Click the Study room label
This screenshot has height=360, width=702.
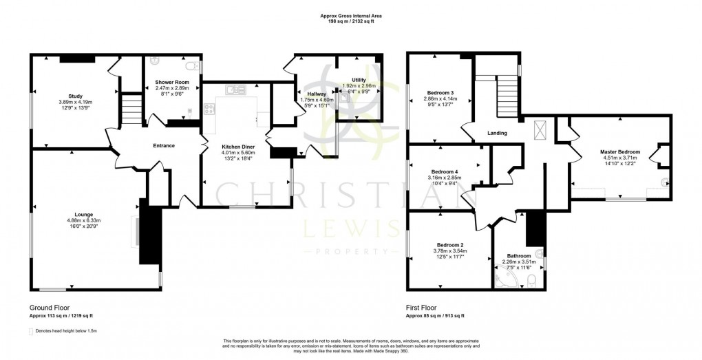tap(75, 96)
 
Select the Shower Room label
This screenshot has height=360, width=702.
tap(171, 83)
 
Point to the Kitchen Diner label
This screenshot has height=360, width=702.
tap(239, 147)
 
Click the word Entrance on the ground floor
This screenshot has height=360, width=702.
tap(164, 145)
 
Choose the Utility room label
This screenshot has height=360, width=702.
tap(358, 80)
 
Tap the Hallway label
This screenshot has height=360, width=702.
tap(317, 94)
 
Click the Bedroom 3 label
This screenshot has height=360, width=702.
tap(440, 93)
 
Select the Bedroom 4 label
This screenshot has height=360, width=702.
tap(445, 171)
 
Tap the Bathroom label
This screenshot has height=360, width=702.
tap(519, 255)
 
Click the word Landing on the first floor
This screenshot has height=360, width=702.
tap(497, 133)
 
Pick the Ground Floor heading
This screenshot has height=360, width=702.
tap(50, 308)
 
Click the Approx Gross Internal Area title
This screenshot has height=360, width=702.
tap(351, 15)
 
